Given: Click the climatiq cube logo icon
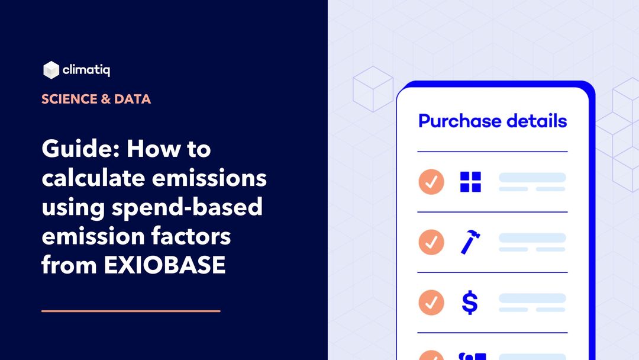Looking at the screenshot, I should tap(51, 70).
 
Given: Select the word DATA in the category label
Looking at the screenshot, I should tap(133, 99).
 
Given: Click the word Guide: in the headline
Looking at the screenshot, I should tap(80, 149).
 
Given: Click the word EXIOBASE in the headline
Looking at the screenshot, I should tap(165, 265).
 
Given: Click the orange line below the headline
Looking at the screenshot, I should tap(131, 310).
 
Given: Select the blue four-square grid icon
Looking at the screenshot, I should tap(470, 182).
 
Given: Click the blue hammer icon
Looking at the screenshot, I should tap(470, 242).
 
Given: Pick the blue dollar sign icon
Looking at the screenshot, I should tap(470, 303).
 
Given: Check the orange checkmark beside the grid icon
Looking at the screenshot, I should tap(431, 182).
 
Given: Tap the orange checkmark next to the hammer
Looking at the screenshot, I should tap(431, 242).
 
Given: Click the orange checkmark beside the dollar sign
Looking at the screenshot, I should tap(431, 303).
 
